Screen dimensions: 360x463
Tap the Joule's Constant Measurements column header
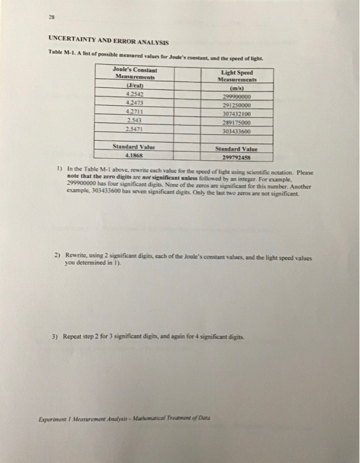(x=135, y=73)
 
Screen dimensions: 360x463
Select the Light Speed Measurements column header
(x=236, y=77)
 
